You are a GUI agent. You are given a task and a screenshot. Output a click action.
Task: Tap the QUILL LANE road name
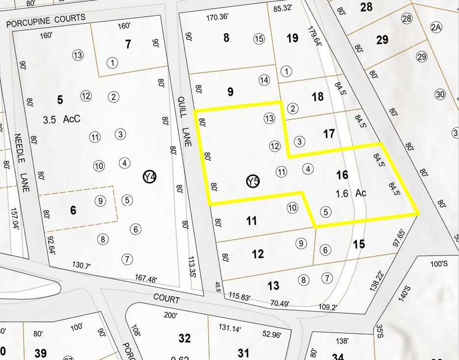pos(185,116)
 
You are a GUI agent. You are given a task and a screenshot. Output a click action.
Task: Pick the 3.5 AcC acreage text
pos(61,119)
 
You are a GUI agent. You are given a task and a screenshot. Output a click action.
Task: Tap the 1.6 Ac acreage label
pos(351,193)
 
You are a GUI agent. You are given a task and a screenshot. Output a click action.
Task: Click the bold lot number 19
pos(292,38)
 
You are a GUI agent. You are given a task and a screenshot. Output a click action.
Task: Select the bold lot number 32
pos(185,338)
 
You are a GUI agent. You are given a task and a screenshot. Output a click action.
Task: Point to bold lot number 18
pos(318,96)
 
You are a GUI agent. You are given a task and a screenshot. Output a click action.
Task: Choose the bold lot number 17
pos(328,133)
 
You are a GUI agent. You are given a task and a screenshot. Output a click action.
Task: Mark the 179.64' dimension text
pos(315,36)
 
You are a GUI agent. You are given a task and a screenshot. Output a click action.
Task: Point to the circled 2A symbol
pos(435,28)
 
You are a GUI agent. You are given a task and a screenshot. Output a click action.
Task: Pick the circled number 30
pos(439,95)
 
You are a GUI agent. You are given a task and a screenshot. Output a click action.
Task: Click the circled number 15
pos(259,39)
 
